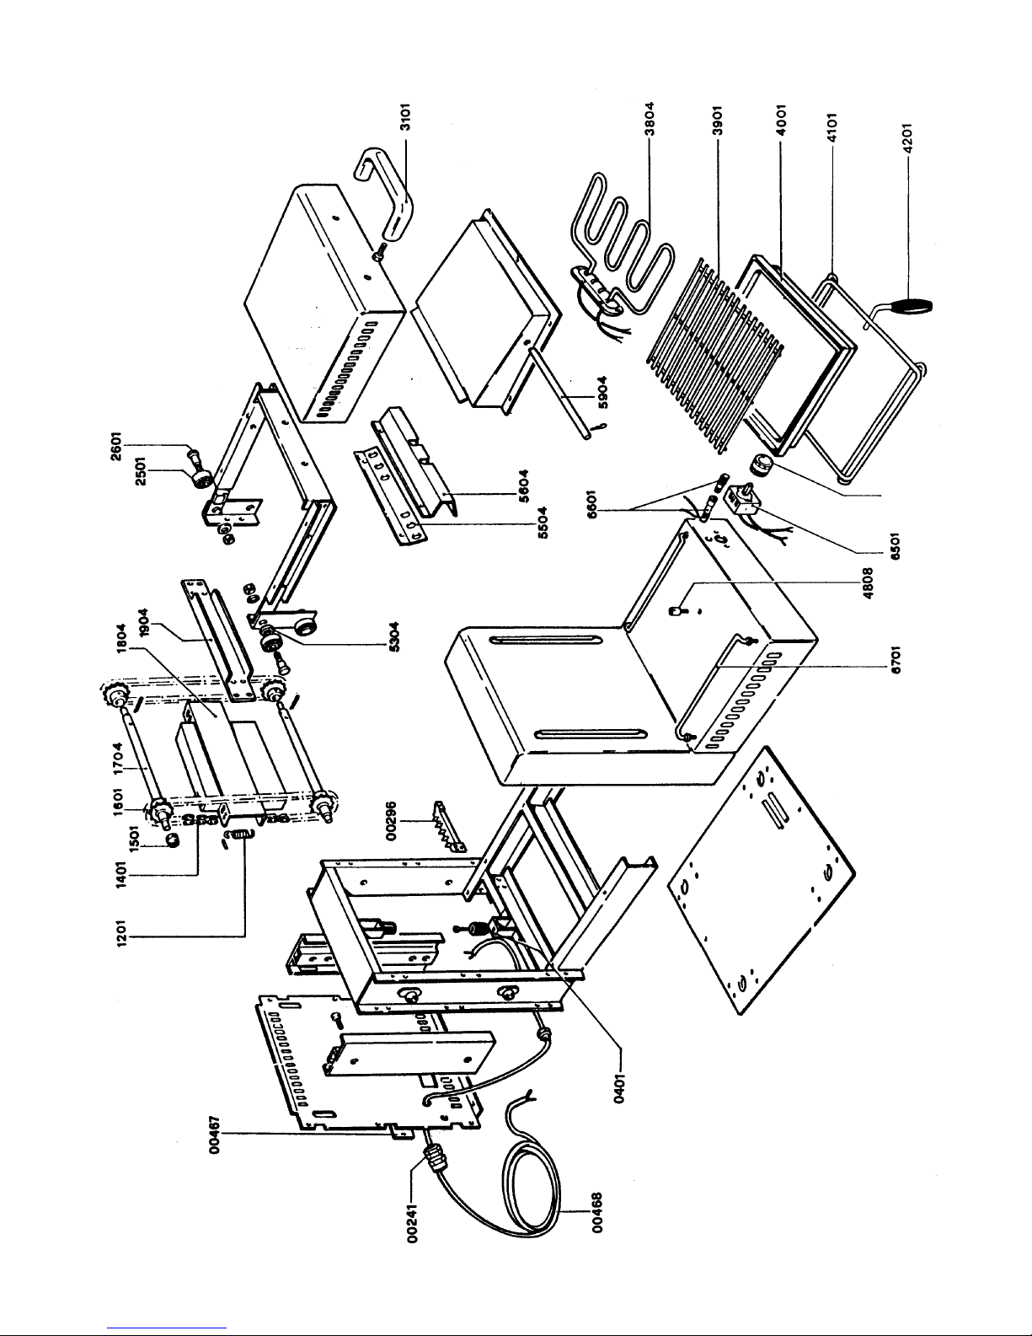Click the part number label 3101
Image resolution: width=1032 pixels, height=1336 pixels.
[x=404, y=117]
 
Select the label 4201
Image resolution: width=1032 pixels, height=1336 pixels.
[x=908, y=137]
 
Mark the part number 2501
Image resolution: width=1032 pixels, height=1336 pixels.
[x=141, y=469]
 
